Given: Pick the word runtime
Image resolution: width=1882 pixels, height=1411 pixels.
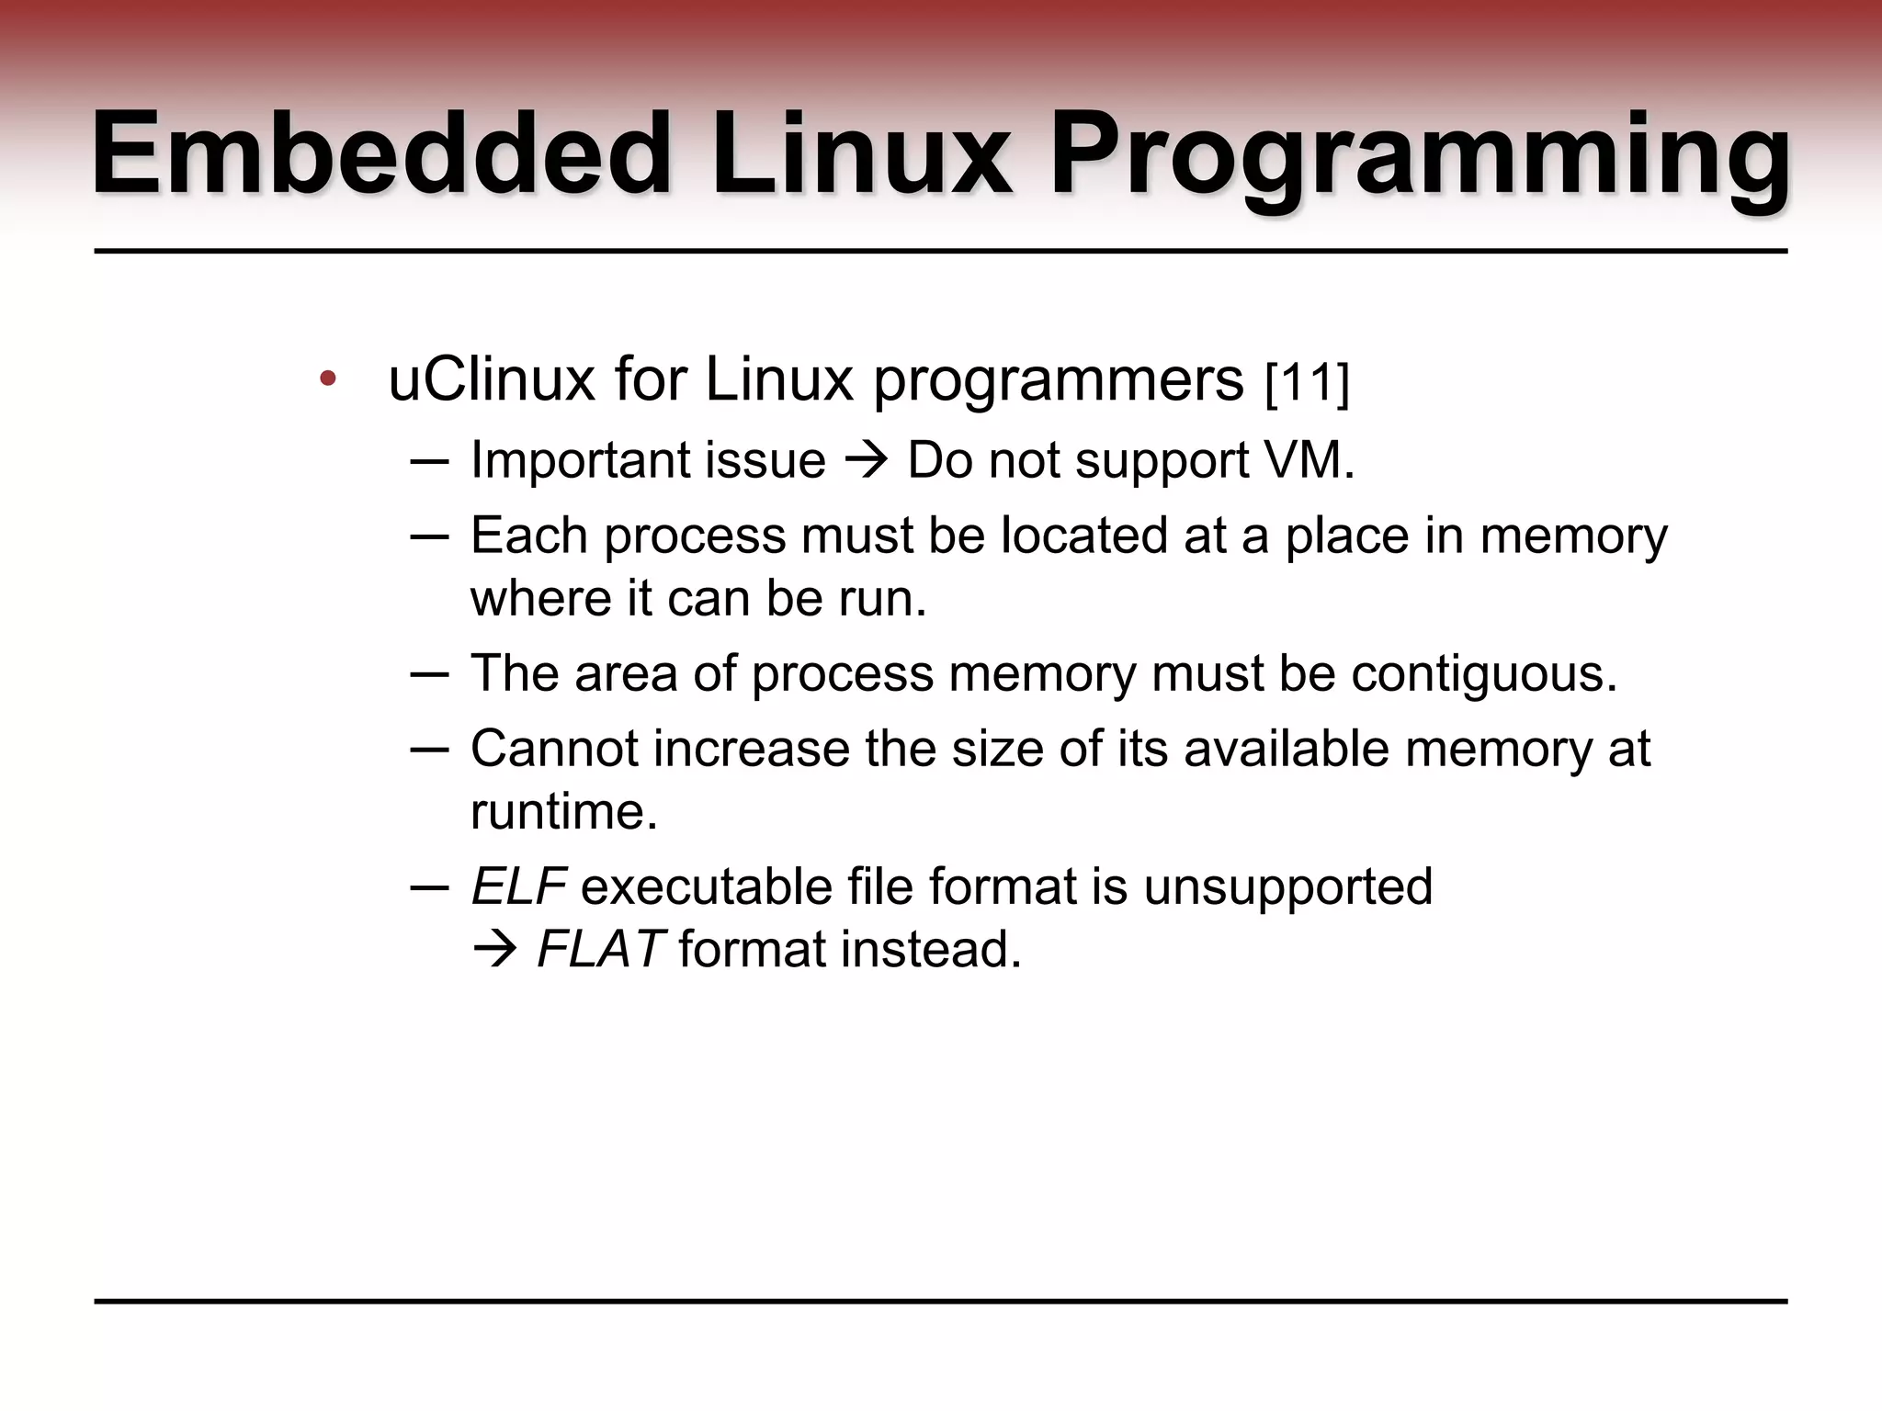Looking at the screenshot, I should click(564, 811).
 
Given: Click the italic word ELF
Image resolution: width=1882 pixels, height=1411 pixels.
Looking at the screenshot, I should click(518, 886).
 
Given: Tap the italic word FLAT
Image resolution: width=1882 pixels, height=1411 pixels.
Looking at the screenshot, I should click(600, 949).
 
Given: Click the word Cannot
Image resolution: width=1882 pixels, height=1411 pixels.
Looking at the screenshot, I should click(555, 749).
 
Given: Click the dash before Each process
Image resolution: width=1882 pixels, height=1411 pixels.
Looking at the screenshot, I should click(429, 536).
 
